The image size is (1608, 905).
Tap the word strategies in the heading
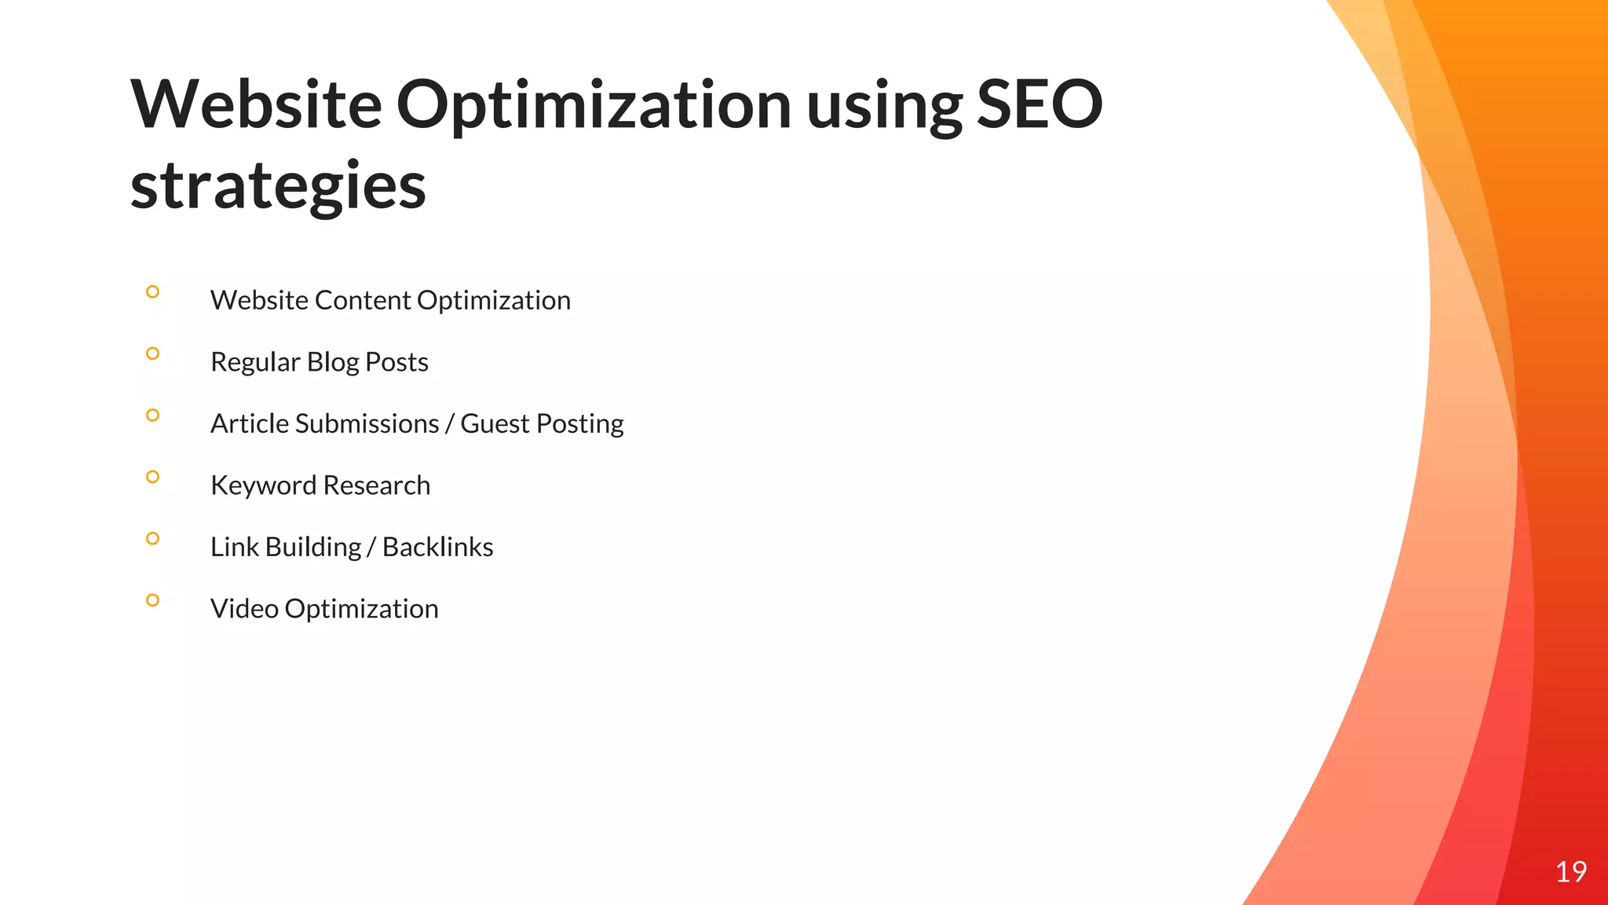click(278, 186)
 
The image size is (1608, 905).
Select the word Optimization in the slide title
click(594, 106)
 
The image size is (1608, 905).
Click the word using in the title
click(884, 108)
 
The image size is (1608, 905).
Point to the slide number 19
click(1570, 871)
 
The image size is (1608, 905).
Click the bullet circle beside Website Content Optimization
click(152, 292)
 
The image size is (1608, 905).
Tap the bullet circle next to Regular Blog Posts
click(152, 354)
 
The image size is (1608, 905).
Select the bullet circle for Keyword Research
click(152, 477)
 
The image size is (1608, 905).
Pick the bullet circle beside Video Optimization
click(152, 600)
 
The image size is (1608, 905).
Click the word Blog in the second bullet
click(333, 362)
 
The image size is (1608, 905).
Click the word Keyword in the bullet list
click(263, 485)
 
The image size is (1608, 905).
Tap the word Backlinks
click(437, 547)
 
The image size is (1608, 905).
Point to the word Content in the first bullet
click(363, 300)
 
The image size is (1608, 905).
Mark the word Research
click(376, 485)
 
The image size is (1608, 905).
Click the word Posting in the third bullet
click(580, 424)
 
